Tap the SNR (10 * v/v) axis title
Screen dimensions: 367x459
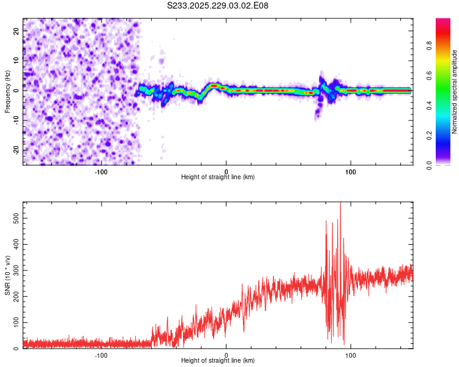click(x=7, y=275)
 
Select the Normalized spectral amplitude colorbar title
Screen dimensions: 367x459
click(x=454, y=92)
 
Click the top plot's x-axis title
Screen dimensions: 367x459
click(x=218, y=177)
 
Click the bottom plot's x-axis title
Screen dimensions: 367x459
click(x=218, y=360)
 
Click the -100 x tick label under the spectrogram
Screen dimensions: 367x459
click(x=101, y=171)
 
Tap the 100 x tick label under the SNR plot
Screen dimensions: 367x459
click(x=351, y=354)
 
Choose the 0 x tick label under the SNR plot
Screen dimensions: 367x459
click(x=226, y=354)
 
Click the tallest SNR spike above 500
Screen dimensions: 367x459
click(x=340, y=204)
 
